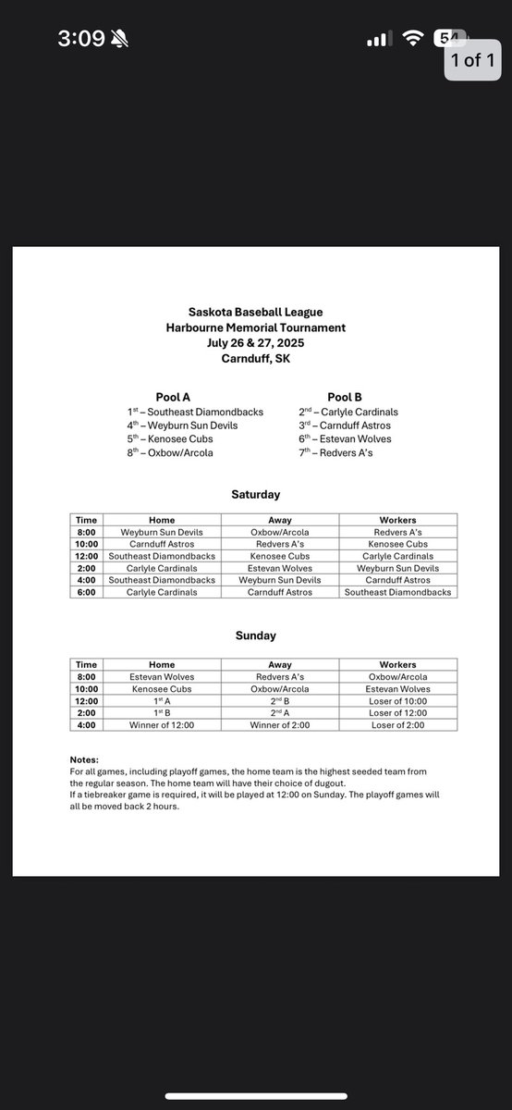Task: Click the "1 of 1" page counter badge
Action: [472, 60]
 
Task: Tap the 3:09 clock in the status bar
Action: [79, 40]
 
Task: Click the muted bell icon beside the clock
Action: [119, 40]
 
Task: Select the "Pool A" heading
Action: [173, 397]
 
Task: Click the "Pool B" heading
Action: [346, 397]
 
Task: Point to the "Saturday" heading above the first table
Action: [255, 495]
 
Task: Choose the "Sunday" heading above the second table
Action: [255, 635]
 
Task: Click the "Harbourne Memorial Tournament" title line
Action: [256, 327]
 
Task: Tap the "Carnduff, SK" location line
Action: [256, 357]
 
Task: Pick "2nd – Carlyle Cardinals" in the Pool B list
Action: [348, 412]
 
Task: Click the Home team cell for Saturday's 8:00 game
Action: [162, 532]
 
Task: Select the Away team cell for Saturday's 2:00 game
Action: [280, 568]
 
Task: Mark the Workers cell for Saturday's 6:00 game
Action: [397, 592]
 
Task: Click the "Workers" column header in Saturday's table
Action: [397, 520]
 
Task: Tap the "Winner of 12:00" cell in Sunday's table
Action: [162, 724]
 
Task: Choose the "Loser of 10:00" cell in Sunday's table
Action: [397, 700]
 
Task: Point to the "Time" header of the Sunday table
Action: [86, 664]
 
